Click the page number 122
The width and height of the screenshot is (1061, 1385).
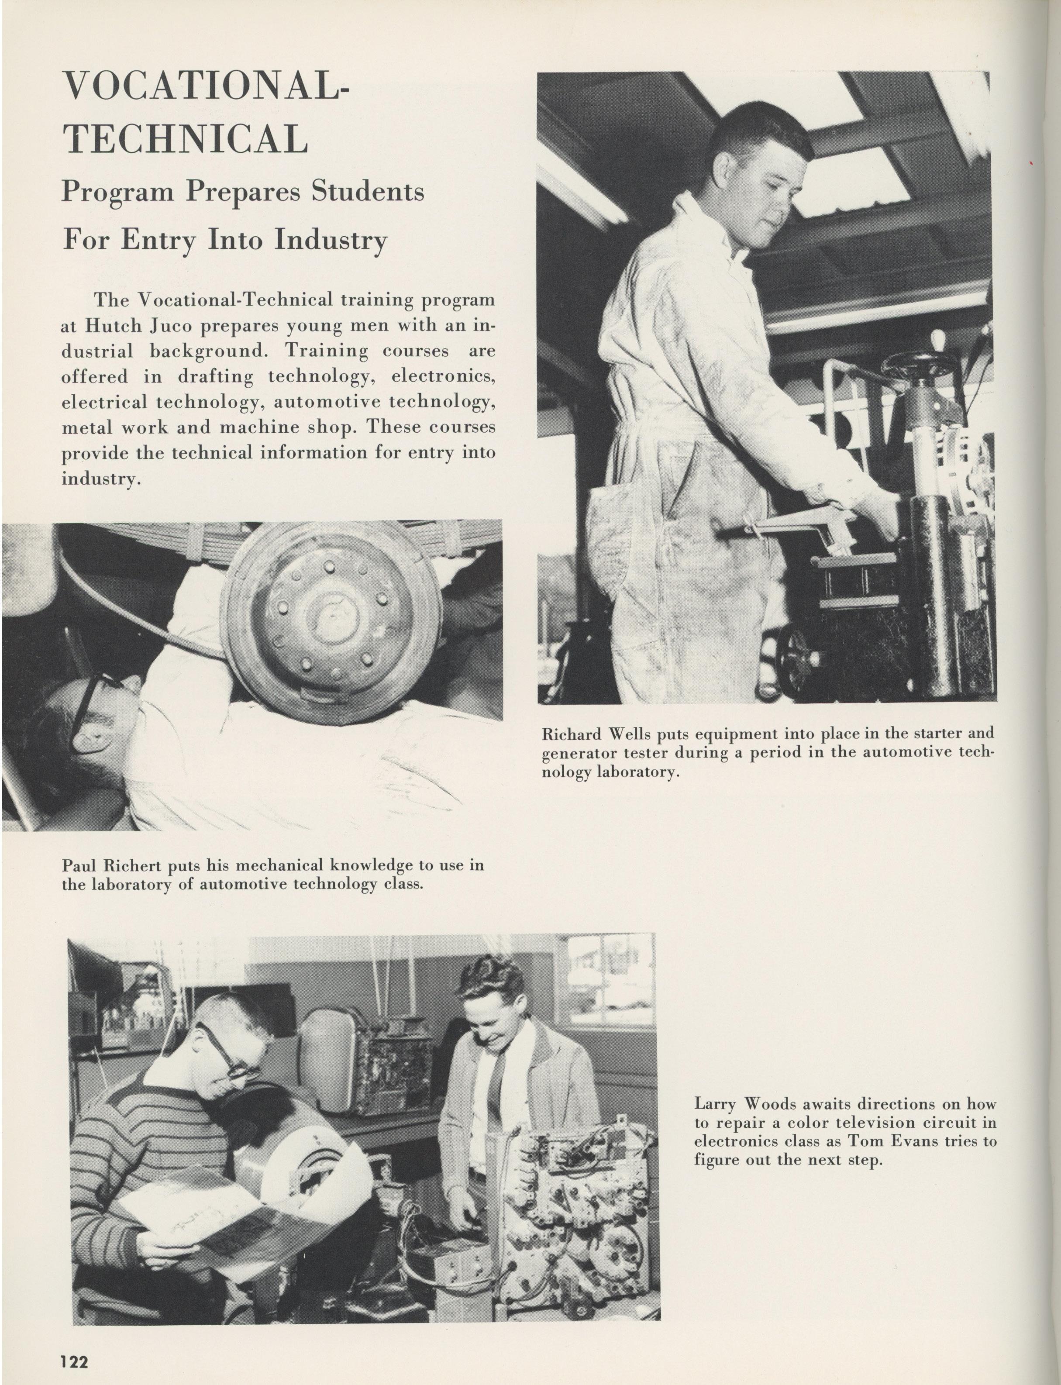pyautogui.click(x=75, y=1360)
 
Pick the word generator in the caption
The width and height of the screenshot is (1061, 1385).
pyautogui.click(x=574, y=753)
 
